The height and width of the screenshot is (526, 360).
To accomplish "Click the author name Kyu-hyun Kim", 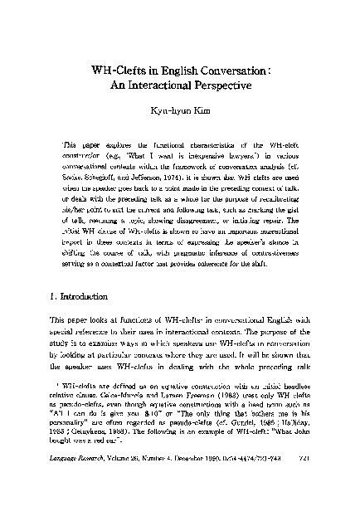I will point(180,112).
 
